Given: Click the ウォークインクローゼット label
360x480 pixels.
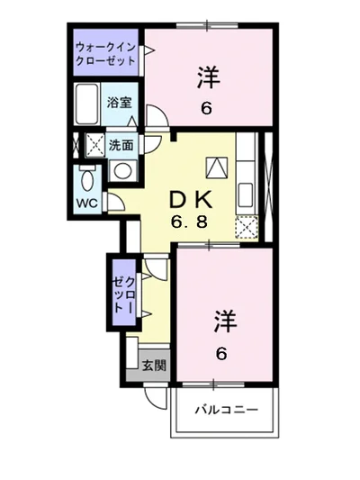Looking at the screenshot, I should coord(107,53).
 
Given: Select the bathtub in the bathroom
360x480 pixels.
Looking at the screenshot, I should coord(89,104).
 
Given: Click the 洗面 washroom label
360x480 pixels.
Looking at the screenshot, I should coord(121,144).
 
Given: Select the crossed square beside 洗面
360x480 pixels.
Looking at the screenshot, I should coord(94,143).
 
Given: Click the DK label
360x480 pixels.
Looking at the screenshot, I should coord(192,198).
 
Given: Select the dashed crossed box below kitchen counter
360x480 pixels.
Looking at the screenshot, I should coord(246,228).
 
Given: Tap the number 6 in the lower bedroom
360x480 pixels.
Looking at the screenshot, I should coord(220,353).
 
